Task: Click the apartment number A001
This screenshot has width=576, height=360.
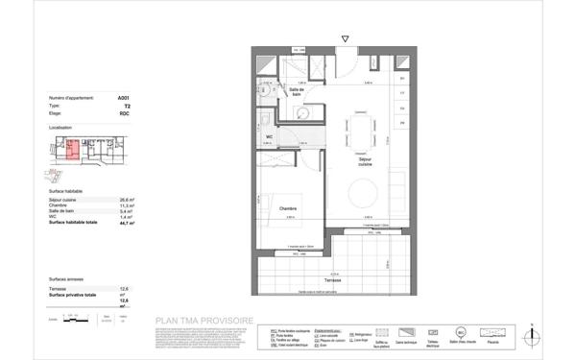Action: coord(122,99)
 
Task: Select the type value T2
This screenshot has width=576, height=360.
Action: coord(125,106)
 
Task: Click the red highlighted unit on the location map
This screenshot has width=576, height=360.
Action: coord(71,149)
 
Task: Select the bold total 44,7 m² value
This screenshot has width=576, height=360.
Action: coord(124,222)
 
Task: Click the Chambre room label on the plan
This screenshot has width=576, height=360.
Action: coord(288,207)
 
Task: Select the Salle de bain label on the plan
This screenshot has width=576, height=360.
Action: coord(298,91)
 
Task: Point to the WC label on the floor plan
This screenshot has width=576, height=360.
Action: coord(270,136)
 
